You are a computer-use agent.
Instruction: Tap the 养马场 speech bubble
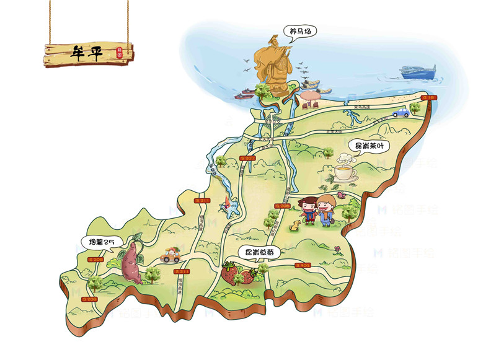click(297, 31)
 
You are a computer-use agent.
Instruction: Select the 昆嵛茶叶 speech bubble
click(369, 146)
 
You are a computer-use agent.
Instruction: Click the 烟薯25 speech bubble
click(99, 241)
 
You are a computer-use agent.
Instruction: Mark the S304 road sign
click(303, 265)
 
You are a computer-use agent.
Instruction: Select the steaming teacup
click(345, 172)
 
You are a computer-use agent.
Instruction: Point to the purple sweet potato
click(132, 263)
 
